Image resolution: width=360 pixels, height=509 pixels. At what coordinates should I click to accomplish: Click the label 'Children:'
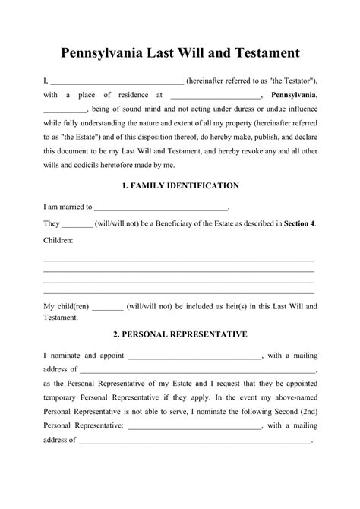tap(58, 240)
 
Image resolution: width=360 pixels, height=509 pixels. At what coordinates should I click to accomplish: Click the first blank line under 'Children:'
tap(179, 260)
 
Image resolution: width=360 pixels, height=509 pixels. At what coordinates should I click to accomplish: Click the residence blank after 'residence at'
tap(216, 96)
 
